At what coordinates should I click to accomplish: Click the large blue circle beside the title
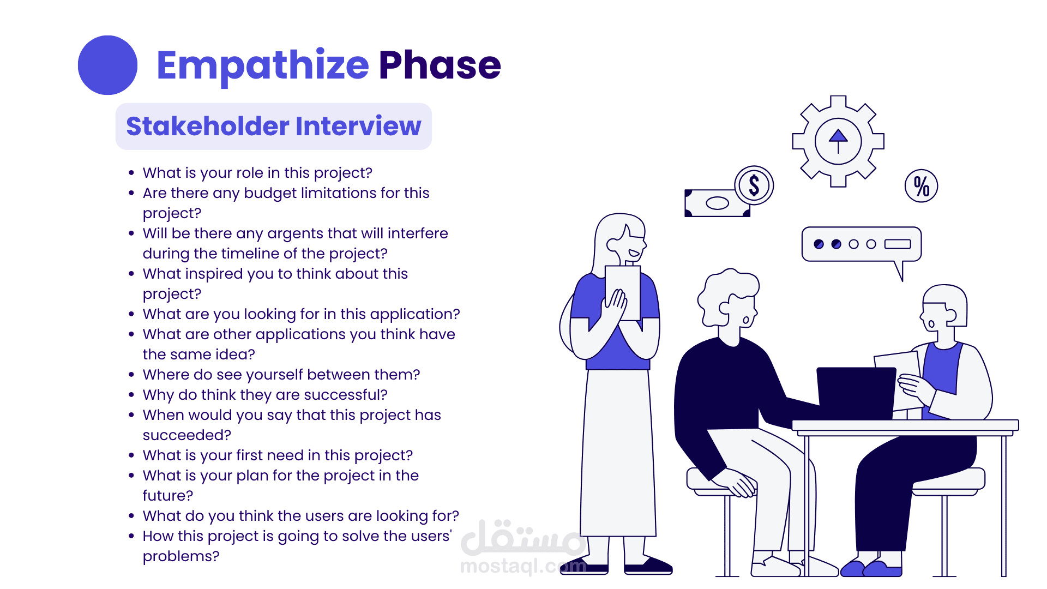coord(107,65)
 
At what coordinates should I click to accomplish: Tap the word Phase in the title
coord(440,65)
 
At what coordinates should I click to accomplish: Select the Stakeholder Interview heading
coord(274,126)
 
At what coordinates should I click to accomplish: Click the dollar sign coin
coord(754,185)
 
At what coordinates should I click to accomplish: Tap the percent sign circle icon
coord(922,186)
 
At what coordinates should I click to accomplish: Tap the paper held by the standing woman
coord(623,292)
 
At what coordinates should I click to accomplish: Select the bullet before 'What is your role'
coord(131,173)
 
